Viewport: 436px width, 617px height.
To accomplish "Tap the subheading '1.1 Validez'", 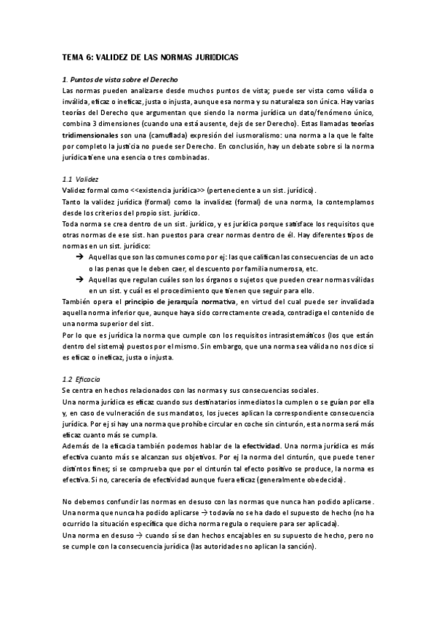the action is coord(81,178).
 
